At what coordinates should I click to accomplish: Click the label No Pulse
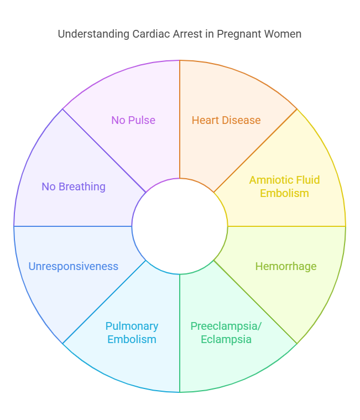(x=133, y=120)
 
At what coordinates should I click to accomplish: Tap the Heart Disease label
(x=226, y=120)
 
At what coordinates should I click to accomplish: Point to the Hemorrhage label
(x=285, y=266)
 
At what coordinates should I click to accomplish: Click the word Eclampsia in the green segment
(x=226, y=339)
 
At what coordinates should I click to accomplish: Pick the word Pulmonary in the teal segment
(x=132, y=326)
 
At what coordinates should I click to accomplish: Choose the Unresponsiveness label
(x=73, y=266)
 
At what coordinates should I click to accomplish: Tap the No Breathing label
(x=73, y=186)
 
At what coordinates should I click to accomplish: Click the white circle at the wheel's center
(x=180, y=226)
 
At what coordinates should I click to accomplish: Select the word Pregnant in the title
(x=239, y=34)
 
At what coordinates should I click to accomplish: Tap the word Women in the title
(x=283, y=34)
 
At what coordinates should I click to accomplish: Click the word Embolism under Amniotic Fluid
(x=284, y=193)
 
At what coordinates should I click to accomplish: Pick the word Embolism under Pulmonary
(x=132, y=339)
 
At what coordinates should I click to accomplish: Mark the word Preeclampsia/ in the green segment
(x=226, y=326)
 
